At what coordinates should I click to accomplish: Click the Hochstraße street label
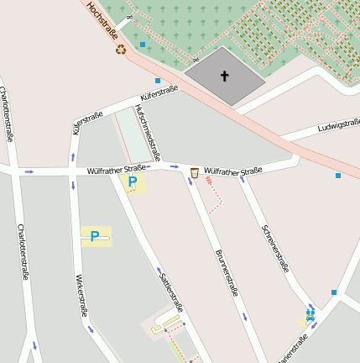(102, 22)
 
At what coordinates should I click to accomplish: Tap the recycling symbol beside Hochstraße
(121, 49)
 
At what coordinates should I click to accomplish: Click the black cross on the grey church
(224, 76)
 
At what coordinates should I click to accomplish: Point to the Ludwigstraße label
(339, 126)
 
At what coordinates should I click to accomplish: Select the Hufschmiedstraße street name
(147, 132)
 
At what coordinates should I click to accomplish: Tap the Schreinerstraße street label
(275, 248)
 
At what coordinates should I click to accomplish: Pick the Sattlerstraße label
(170, 290)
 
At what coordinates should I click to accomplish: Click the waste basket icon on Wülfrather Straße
(195, 172)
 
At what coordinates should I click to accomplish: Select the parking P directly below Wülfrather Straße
(132, 181)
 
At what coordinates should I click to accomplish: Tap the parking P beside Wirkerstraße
(95, 236)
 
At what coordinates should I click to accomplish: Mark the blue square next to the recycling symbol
(143, 44)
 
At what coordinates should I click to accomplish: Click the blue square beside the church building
(158, 81)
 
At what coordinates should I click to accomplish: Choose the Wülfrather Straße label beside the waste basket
(233, 171)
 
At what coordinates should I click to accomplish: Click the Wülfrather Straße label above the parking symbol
(117, 170)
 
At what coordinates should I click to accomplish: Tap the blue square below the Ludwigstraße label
(338, 176)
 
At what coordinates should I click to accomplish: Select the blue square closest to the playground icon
(333, 292)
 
